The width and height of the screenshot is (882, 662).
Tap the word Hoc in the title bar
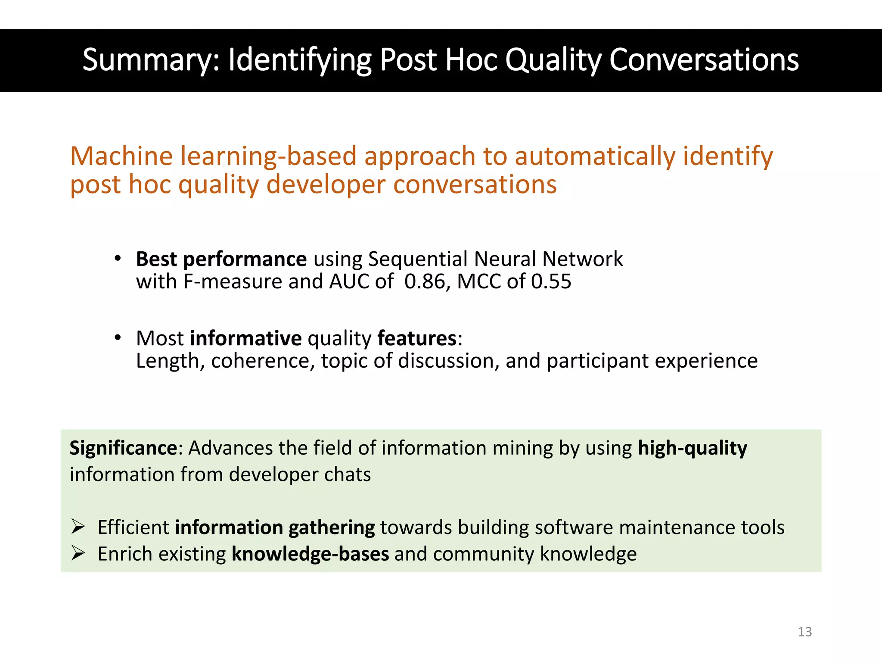[471, 60]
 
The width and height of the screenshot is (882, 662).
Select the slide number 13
[804, 632]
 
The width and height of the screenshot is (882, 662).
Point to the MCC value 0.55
[551, 282]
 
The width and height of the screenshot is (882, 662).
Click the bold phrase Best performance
[221, 259]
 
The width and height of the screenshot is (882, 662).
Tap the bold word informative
[245, 338]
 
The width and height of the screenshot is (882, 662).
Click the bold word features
[416, 338]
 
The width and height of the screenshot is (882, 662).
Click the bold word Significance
[123, 448]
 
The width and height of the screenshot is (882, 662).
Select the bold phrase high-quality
[692, 448]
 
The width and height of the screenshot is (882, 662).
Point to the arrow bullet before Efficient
[78, 527]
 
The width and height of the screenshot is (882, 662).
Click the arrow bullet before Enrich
[78, 553]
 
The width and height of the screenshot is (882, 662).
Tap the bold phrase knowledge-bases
[310, 554]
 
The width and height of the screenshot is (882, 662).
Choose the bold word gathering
[331, 528]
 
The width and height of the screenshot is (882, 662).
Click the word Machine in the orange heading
[121, 156]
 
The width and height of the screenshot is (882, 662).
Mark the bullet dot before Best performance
[118, 259]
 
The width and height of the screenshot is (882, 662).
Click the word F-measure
[233, 282]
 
